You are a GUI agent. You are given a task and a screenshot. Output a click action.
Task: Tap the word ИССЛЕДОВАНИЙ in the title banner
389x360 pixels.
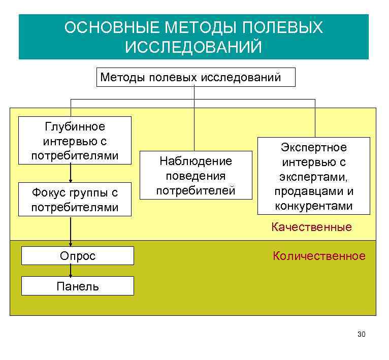click(x=193, y=47)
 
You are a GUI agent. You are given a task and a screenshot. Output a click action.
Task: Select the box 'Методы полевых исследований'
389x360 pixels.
click(x=196, y=78)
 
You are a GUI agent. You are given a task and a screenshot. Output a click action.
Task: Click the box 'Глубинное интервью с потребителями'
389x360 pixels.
click(x=75, y=140)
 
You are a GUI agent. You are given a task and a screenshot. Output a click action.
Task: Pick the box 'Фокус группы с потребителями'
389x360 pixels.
click(x=75, y=200)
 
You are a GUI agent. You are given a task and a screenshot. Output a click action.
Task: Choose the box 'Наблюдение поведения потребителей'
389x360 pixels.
click(x=196, y=176)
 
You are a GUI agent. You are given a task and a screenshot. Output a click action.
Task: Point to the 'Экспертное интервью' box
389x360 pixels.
click(x=313, y=176)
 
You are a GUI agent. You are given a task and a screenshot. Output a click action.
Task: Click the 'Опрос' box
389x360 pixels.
click(x=78, y=256)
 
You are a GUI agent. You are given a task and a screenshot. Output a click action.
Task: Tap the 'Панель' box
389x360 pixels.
click(x=78, y=286)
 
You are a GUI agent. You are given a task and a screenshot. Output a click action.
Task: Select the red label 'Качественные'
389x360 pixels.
click(x=311, y=227)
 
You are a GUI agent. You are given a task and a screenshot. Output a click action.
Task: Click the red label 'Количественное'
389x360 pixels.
click(x=319, y=256)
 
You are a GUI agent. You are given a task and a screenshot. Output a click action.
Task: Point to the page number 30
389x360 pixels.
click(x=362, y=334)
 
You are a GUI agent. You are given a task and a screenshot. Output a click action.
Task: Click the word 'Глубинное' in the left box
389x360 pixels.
click(x=75, y=126)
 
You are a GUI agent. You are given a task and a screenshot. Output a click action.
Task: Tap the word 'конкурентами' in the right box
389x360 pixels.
click(x=313, y=206)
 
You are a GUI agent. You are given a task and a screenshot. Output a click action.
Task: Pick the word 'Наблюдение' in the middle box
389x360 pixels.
click(x=196, y=161)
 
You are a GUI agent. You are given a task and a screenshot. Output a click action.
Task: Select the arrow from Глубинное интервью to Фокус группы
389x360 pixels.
click(x=71, y=173)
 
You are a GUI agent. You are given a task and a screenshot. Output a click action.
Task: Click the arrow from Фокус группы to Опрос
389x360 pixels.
click(x=71, y=231)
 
